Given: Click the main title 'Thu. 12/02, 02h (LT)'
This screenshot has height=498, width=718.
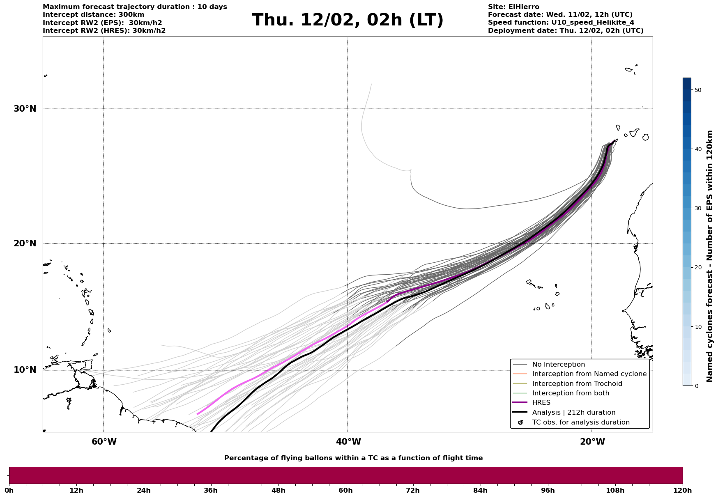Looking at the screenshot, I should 347,20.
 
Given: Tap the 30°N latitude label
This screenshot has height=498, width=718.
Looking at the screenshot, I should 25,109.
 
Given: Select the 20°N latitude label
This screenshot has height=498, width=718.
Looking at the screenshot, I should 25,243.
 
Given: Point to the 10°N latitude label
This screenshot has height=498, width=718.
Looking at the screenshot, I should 25,370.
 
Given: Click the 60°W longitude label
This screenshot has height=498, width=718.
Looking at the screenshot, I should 104,442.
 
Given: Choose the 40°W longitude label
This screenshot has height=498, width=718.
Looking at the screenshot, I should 348,442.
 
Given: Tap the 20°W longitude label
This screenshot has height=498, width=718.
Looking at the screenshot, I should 592,442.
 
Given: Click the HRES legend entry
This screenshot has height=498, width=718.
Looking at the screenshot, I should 541,403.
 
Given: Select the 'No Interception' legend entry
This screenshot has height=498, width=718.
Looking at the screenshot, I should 558,365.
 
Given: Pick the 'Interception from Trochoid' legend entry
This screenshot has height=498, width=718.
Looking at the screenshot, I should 577,384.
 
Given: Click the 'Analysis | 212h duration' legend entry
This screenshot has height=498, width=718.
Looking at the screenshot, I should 573,413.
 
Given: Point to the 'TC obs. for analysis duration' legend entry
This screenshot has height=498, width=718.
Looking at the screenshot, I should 580,422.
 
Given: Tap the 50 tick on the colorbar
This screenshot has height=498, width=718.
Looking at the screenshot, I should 697,90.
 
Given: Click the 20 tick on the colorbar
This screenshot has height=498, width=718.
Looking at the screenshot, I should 697,268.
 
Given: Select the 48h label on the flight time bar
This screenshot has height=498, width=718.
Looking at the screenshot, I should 278,490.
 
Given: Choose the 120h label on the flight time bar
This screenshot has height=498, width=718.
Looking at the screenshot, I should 682,490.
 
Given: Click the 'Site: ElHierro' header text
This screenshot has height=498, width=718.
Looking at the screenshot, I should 513,7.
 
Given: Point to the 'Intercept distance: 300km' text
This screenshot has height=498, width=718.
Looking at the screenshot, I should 93,15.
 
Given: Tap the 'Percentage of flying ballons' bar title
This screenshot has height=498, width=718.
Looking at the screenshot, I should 353,458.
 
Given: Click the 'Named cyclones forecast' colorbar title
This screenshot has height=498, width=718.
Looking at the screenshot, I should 710,256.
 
